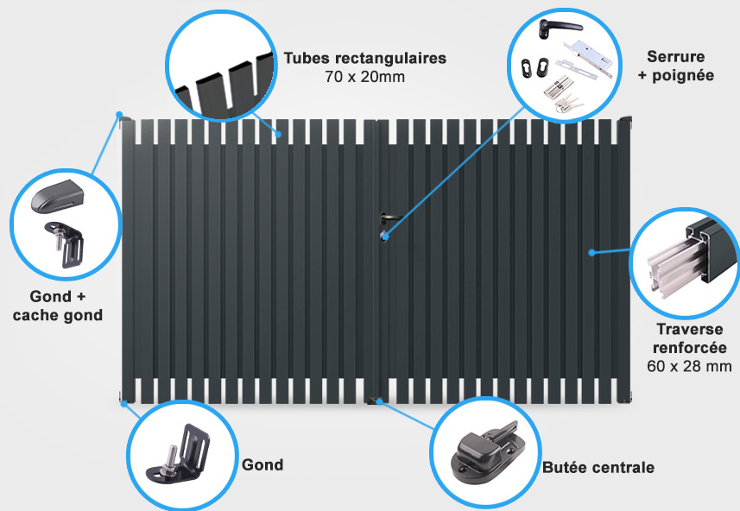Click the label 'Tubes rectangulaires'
click(364, 59)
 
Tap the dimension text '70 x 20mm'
click(364, 77)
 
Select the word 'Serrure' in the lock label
click(676, 57)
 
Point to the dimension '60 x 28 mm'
click(690, 366)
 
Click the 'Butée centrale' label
click(598, 468)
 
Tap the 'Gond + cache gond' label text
click(58, 306)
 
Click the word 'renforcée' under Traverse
click(690, 348)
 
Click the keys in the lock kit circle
click(569, 104)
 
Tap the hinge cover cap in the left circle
click(57, 196)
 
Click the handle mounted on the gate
click(389, 218)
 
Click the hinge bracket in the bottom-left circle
click(180, 454)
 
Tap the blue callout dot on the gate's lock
click(385, 237)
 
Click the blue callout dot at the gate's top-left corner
click(119, 115)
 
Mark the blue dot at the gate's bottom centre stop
click(379, 401)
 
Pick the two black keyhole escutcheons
click(534, 67)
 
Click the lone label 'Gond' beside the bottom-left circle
click(262, 464)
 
